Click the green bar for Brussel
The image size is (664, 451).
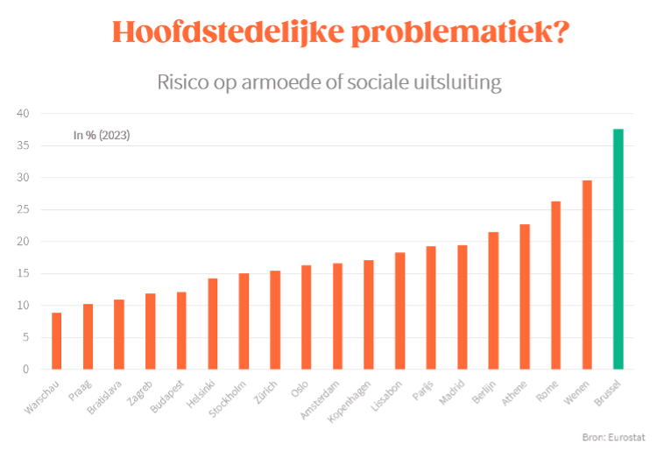coord(618,249)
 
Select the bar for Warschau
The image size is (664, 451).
coord(57,341)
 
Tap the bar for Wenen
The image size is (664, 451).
coord(587,274)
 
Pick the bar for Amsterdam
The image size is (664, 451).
coord(337,316)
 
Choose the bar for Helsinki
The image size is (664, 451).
coord(213,323)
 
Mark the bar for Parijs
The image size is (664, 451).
coord(431,307)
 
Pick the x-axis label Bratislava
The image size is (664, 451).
coord(106,399)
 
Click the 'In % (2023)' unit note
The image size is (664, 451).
coord(102,135)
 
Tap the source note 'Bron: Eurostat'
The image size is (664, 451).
coord(607,436)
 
